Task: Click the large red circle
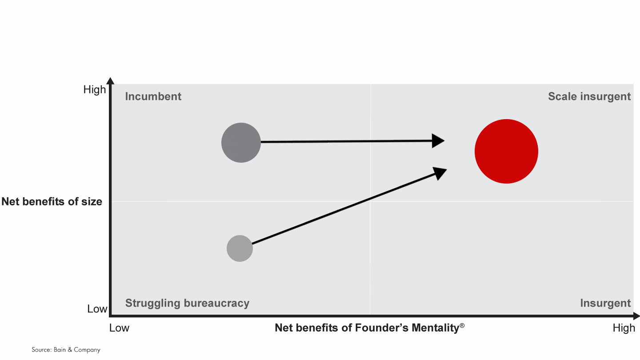point(506,151)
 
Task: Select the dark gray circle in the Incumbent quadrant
point(241,143)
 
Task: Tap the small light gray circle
point(240,248)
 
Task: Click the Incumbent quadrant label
point(153,96)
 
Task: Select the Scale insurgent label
point(589,96)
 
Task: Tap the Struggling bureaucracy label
point(187,303)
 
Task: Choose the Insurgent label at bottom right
point(605,303)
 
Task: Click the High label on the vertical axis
point(95,90)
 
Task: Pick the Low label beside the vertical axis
point(97,309)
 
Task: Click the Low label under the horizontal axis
point(119,328)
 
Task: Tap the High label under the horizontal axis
point(624,328)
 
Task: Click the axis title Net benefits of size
point(52,202)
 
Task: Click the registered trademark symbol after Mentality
point(462,325)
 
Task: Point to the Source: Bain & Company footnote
point(66,350)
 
